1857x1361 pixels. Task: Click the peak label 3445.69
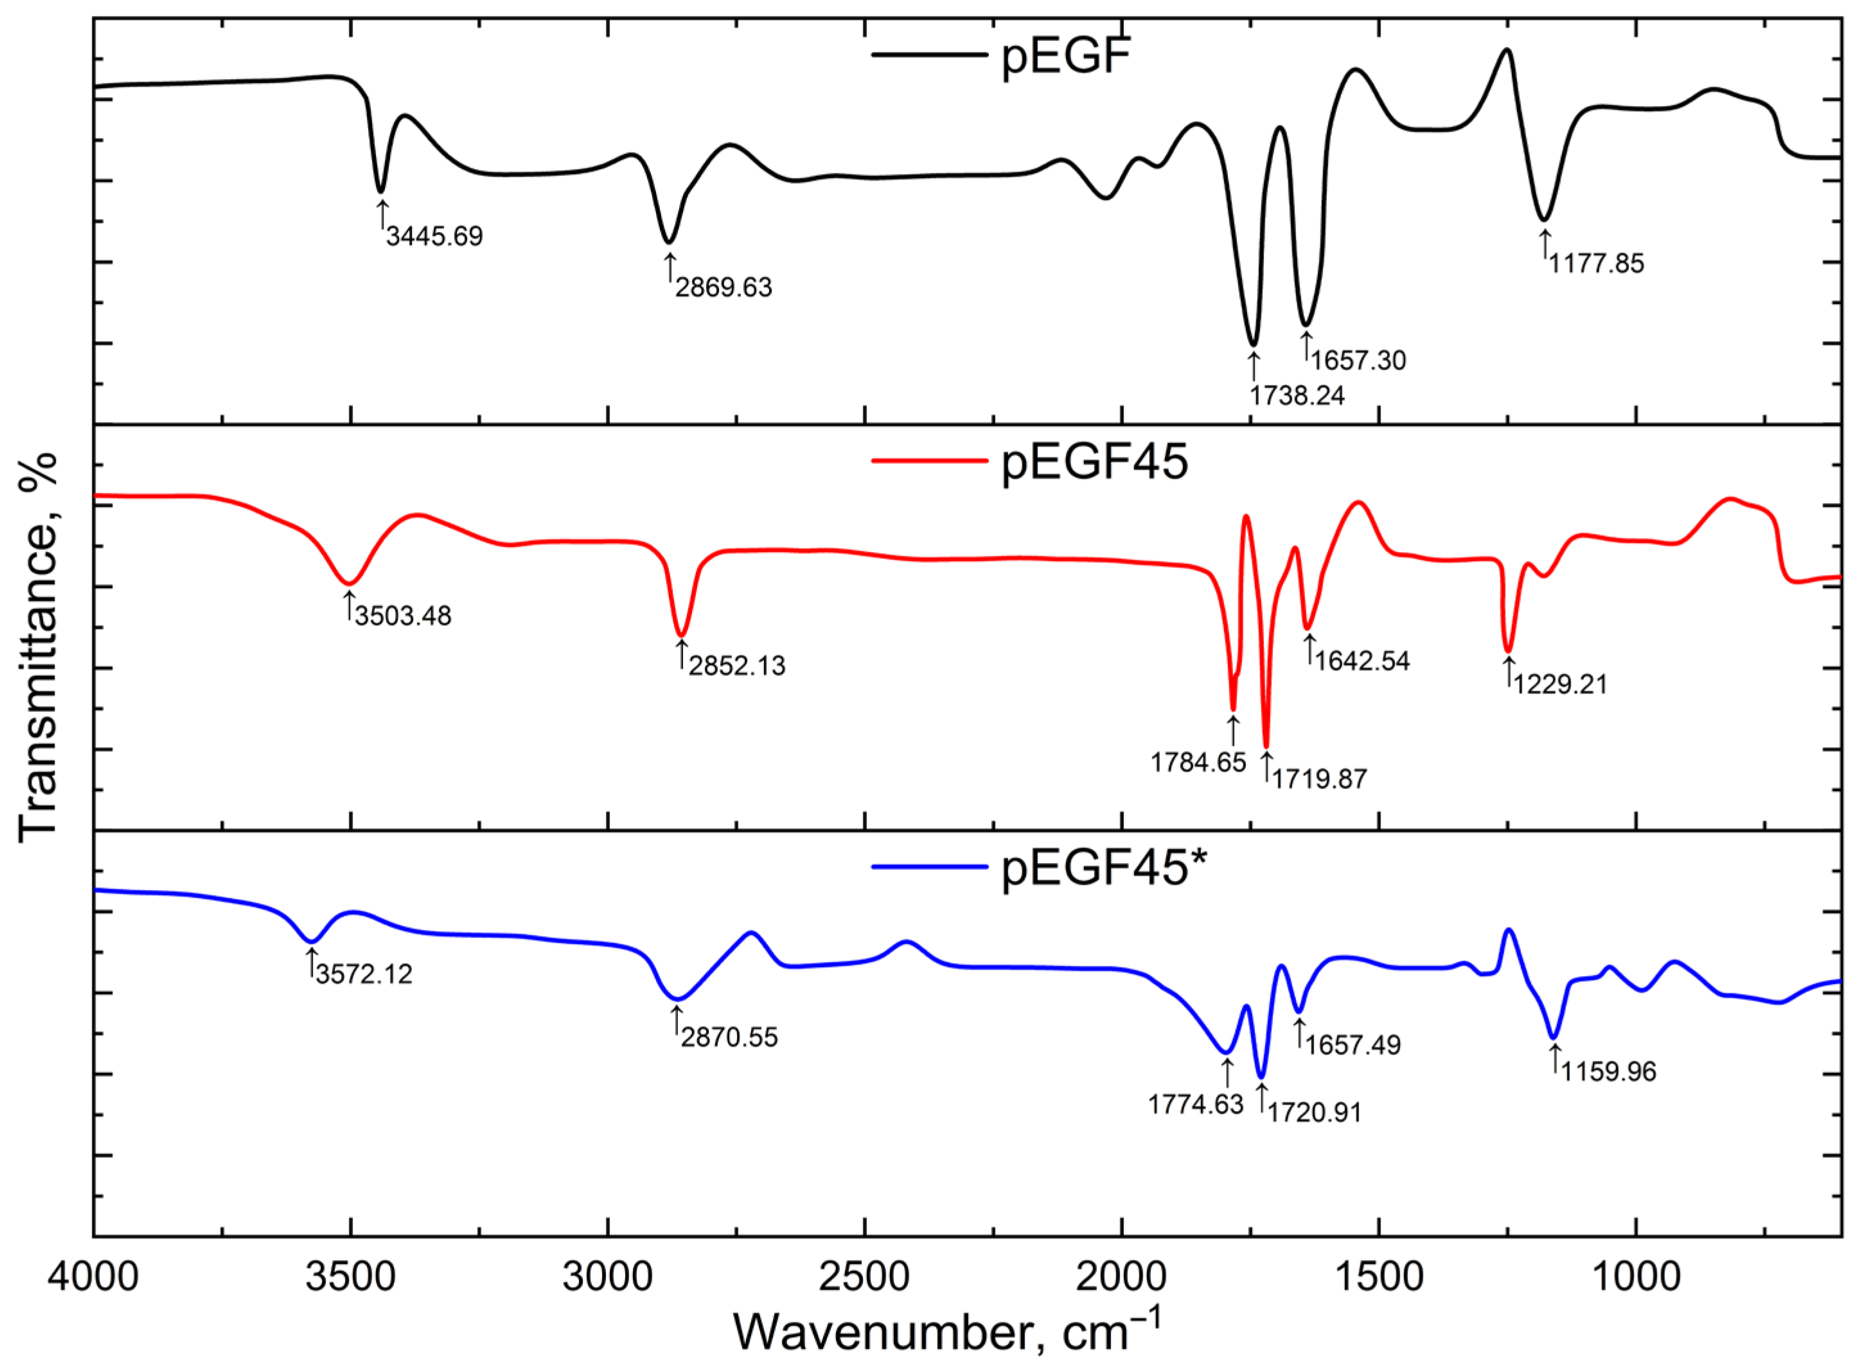pyautogui.click(x=434, y=236)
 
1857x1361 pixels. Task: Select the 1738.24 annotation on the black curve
pyautogui.click(x=1297, y=395)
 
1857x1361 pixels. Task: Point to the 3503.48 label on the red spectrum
pyautogui.click(x=403, y=616)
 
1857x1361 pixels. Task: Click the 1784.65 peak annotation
pyautogui.click(x=1198, y=762)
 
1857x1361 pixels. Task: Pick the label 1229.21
pyautogui.click(x=1559, y=684)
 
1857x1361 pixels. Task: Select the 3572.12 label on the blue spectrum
pyautogui.click(x=363, y=974)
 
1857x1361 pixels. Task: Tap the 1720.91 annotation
pyautogui.click(x=1314, y=1112)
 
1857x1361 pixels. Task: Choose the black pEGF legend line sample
pyautogui.click(x=928, y=55)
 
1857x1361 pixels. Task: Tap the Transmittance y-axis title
pyautogui.click(x=37, y=646)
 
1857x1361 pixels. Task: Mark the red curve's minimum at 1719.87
pyautogui.click(x=1266, y=745)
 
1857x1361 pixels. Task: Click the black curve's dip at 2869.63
pyautogui.click(x=669, y=242)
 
